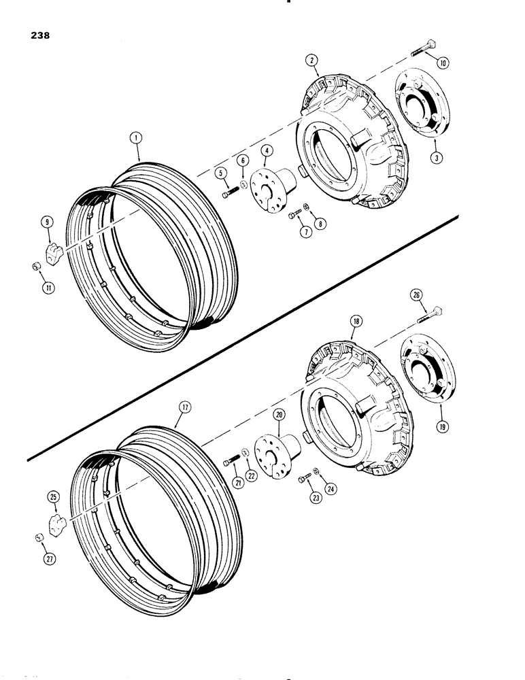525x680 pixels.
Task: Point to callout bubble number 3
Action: tap(435, 157)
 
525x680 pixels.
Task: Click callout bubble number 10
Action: tap(442, 63)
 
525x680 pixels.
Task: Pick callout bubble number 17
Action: tap(187, 407)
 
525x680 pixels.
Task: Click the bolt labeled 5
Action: tap(228, 194)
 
